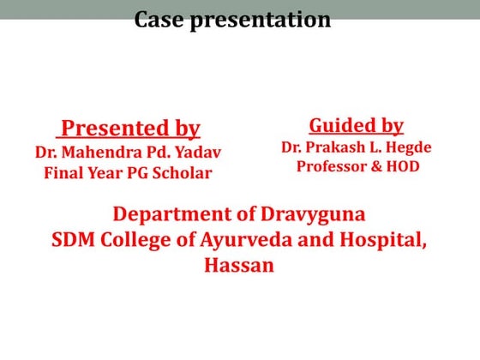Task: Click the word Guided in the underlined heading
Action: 337,125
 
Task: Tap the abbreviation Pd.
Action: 168,153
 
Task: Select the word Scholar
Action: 181,172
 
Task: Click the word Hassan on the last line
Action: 239,265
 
